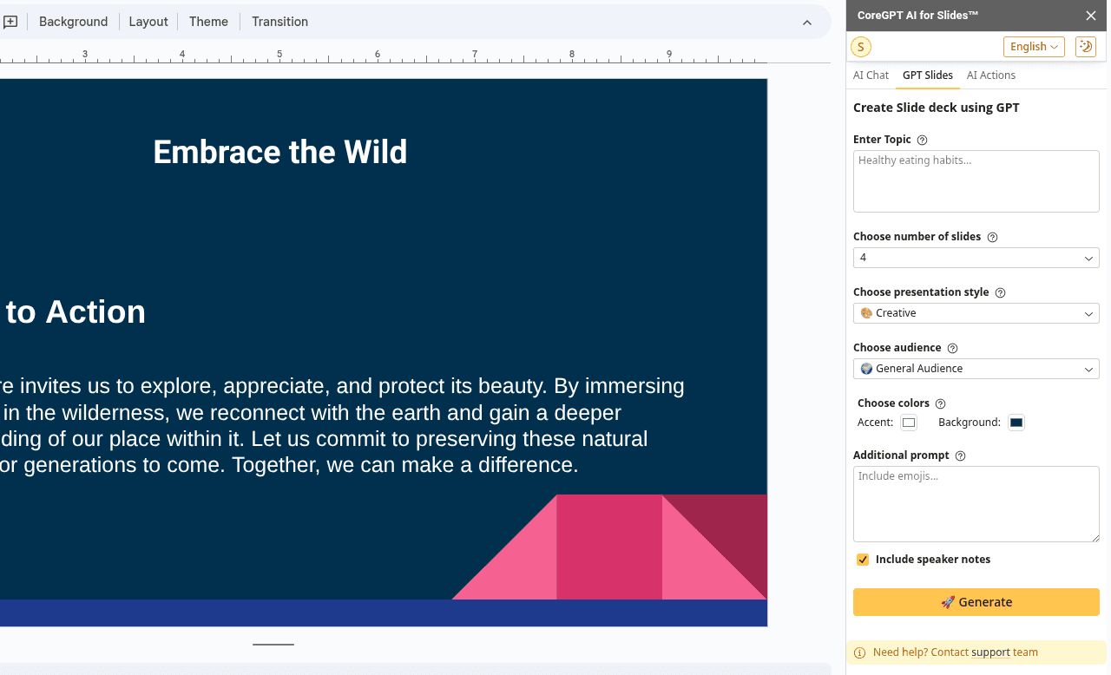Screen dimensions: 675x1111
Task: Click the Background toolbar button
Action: pos(73,22)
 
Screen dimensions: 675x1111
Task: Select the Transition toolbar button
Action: pos(279,22)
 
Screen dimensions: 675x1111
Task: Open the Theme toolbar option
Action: pos(208,22)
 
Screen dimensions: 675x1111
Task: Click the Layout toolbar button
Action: pos(148,22)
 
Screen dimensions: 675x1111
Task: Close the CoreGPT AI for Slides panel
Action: pos(1091,16)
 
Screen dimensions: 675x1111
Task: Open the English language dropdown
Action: pos(1034,47)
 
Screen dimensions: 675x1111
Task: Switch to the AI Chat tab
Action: pos(871,75)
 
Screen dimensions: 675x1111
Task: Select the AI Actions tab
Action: pos(990,75)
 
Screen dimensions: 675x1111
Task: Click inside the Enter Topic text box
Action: pos(976,180)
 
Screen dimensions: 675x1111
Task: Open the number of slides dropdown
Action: pos(976,258)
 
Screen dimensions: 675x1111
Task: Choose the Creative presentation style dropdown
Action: pos(976,313)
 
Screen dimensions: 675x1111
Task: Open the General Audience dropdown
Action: pos(976,369)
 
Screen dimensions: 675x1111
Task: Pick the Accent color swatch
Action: pos(909,423)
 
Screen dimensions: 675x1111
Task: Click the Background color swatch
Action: pos(1016,423)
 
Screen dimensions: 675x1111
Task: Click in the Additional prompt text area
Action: pos(976,503)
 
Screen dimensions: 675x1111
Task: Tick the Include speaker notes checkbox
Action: pos(863,560)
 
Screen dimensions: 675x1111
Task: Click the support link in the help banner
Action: pos(990,652)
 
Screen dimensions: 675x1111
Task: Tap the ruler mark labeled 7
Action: pos(475,55)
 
